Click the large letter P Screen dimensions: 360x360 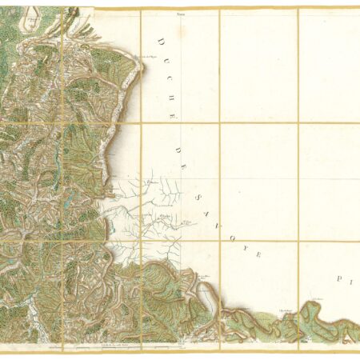click(x=340, y=282)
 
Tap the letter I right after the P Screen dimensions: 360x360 click(x=351, y=282)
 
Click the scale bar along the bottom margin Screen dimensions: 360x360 click(x=112, y=347)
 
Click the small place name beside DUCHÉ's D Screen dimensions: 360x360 click(x=148, y=57)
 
